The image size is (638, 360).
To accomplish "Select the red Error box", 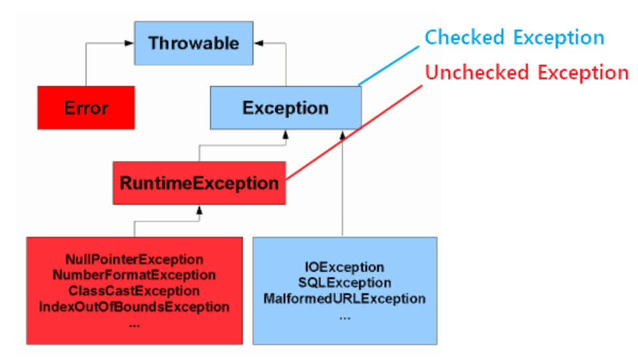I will coord(86,108).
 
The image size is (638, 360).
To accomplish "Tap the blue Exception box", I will coord(285,108).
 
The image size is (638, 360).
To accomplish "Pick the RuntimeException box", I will coord(199,183).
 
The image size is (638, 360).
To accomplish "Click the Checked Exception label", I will coord(514,37).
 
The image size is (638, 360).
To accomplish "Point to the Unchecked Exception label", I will coord(526,72).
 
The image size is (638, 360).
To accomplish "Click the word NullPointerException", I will coord(134,259).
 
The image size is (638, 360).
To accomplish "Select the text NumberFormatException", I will coord(134,275).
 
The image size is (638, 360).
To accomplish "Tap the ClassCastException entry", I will coord(134,291).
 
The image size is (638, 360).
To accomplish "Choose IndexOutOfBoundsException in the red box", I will coord(134,307).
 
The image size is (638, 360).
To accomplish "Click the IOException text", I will coord(344,267).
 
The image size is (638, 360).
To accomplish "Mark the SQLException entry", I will coord(344,283).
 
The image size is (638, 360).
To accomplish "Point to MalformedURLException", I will coord(344,299).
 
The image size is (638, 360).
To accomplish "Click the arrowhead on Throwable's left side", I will coord(130,43).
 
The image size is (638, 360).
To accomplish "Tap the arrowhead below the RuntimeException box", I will coord(199,209).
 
